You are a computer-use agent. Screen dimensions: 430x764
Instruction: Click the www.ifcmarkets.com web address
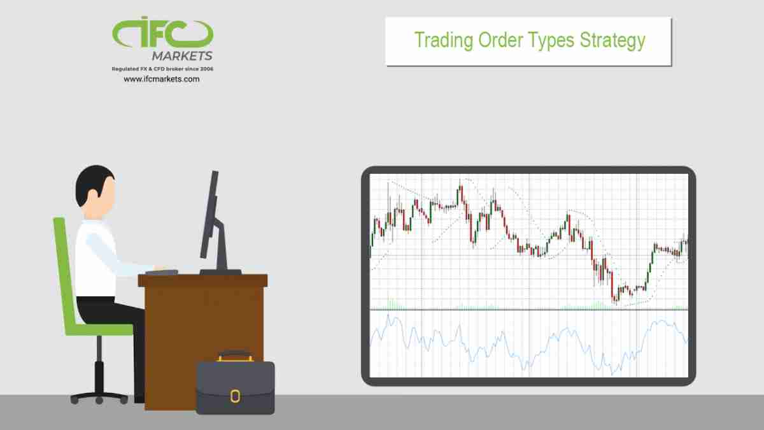point(162,79)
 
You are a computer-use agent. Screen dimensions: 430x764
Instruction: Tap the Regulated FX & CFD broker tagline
point(162,68)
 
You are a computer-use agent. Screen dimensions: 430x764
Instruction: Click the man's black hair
point(92,182)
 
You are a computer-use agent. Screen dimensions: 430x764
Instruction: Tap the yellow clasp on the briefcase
point(235,396)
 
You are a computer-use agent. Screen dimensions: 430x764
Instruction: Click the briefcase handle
point(234,354)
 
